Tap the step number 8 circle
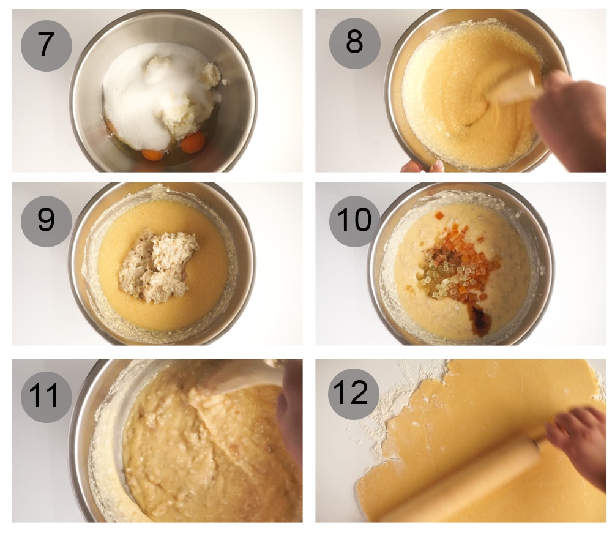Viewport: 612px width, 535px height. coord(355,42)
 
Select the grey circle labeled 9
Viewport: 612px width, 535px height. coord(47,220)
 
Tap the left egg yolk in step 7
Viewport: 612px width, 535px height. coord(153,154)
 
